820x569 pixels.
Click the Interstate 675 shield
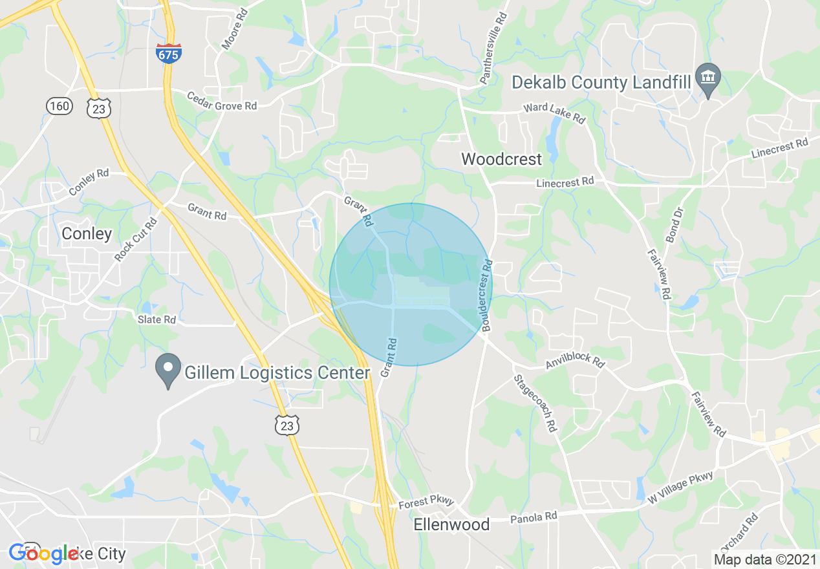pyautogui.click(x=168, y=54)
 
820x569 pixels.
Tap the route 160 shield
pyautogui.click(x=59, y=105)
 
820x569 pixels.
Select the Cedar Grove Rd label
pyautogui.click(x=221, y=101)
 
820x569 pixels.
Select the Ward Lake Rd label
pyautogui.click(x=554, y=114)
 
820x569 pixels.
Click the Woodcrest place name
pyautogui.click(x=501, y=159)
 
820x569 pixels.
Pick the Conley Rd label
pyautogui.click(x=89, y=183)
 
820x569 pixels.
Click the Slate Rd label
pyautogui.click(x=156, y=319)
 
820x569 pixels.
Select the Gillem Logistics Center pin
pyautogui.click(x=169, y=370)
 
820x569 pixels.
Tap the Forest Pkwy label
pyautogui.click(x=427, y=502)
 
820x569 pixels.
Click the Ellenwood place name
pyautogui.click(x=451, y=524)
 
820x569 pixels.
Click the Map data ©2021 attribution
pyautogui.click(x=764, y=559)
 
